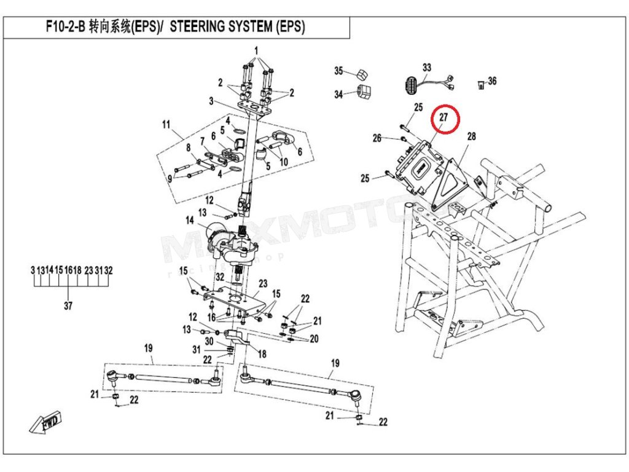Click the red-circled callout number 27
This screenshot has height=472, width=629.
click(443, 117)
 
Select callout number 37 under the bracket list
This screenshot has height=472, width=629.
click(68, 306)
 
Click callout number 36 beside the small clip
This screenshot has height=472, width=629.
click(492, 81)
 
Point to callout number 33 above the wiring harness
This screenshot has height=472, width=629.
click(427, 68)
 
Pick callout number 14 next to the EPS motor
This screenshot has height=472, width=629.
click(190, 221)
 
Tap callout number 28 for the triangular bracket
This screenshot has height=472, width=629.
click(471, 136)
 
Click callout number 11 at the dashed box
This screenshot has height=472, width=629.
click(166, 125)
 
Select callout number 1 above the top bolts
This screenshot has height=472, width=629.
click(256, 51)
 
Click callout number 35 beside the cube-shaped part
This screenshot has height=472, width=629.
click(338, 71)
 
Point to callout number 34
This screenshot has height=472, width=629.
click(338, 94)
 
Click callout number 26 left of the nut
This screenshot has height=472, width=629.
click(377, 138)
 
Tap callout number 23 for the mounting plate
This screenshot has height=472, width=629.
click(263, 284)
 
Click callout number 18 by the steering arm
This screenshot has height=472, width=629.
click(262, 354)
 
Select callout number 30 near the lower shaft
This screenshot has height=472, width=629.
click(209, 341)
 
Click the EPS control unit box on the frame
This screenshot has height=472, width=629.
click(418, 165)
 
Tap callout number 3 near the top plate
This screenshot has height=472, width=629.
click(211, 101)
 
